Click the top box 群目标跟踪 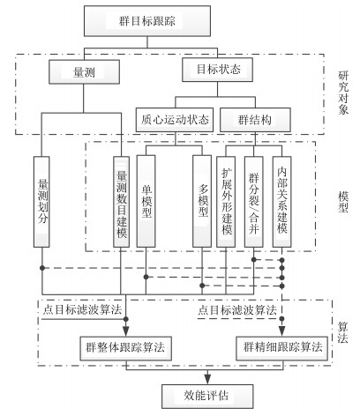tap(147, 21)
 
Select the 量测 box tap(84, 72)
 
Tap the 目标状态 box tap(217, 70)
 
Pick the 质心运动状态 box tap(175, 120)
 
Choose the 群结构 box tap(255, 120)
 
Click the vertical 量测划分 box tap(41, 202)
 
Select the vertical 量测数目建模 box tap(121, 202)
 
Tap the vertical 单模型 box tap(146, 201)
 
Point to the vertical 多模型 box tap(202, 201)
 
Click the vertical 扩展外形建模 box tap(226, 202)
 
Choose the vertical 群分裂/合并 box tap(254, 202)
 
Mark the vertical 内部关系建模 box tap(282, 202)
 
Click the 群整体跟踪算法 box tap(126, 348)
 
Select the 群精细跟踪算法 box tap(282, 348)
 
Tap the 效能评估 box tap(207, 397)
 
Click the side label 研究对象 tap(343, 93)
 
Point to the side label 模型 tap(343, 202)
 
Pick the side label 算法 tap(343, 333)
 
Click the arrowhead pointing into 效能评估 tap(207, 379)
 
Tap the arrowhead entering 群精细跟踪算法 tap(282, 331)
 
